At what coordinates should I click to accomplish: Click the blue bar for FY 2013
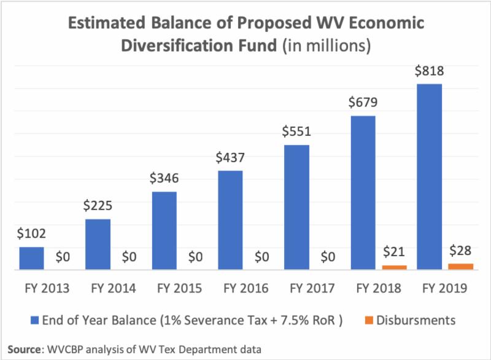coord(31,258)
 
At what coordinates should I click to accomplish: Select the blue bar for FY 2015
coord(164,230)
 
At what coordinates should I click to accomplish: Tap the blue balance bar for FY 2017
coord(297,207)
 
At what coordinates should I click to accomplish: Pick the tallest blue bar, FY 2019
coord(430,176)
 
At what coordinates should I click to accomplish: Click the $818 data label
coord(430,71)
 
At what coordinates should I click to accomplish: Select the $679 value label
coord(363,103)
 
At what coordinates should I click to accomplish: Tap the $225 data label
coord(98,206)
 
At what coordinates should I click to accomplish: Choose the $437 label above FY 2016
coord(231,158)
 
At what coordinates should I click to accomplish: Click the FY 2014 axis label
coord(113,288)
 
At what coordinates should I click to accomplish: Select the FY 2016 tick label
coord(245,288)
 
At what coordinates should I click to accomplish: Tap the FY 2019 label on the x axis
coord(444,288)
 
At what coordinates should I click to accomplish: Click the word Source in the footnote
coord(23,348)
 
